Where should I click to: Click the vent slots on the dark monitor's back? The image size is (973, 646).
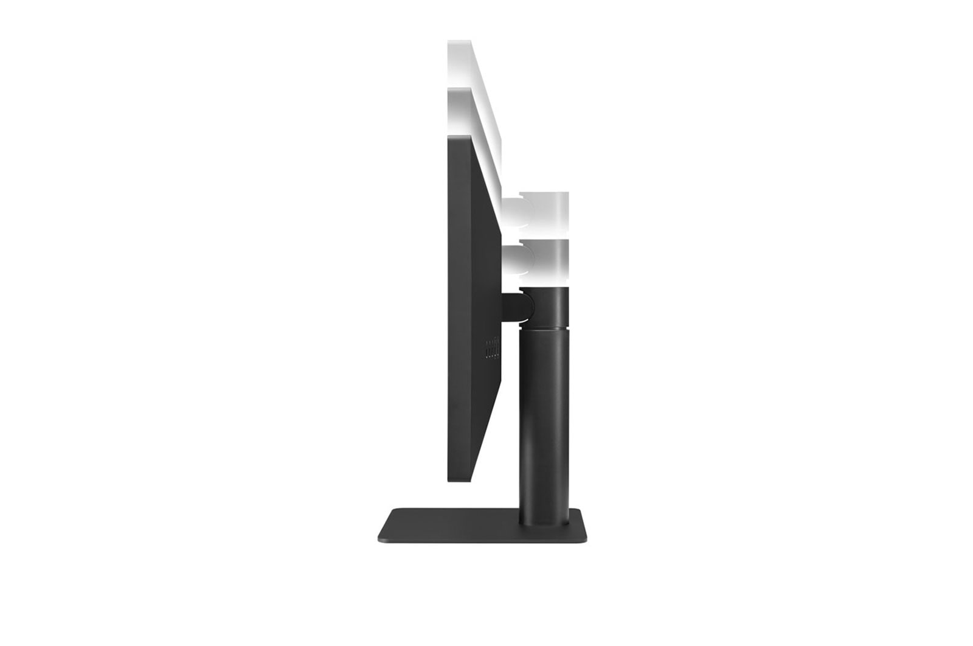(x=492, y=349)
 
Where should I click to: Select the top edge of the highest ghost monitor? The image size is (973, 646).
(x=459, y=41)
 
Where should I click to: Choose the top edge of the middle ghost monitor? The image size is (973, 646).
(x=460, y=89)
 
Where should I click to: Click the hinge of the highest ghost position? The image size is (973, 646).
(x=517, y=207)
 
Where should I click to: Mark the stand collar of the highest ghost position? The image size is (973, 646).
(x=550, y=207)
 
